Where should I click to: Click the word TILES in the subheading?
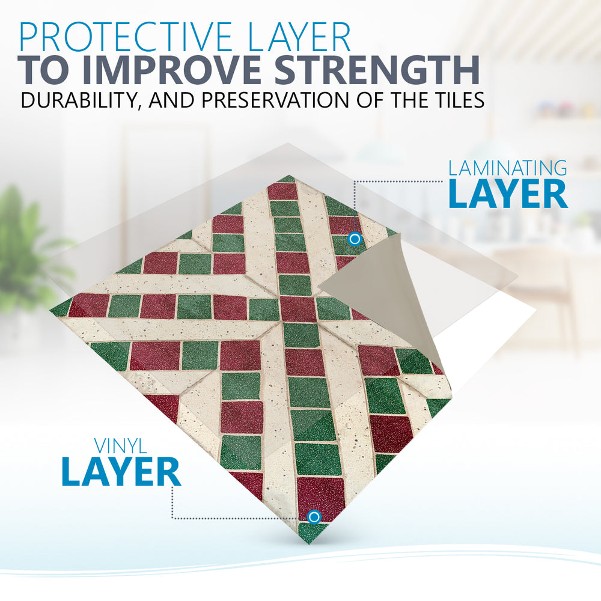click(x=457, y=100)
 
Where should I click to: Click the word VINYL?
click(x=120, y=446)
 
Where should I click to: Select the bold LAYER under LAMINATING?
click(x=508, y=194)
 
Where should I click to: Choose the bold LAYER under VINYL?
click(x=121, y=471)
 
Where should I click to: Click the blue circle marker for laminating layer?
click(x=355, y=239)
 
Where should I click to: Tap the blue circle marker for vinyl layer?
click(x=314, y=517)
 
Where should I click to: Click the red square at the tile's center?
click(x=297, y=308)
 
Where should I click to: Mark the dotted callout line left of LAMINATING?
click(x=398, y=182)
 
